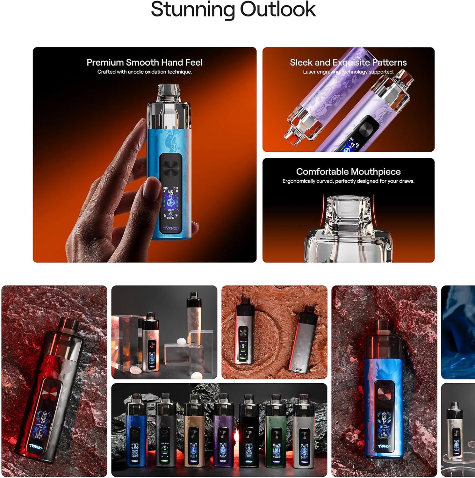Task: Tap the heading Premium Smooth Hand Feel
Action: point(144,62)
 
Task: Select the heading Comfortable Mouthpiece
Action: point(348,172)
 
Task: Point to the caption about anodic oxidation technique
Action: point(144,72)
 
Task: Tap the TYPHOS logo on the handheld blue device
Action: point(171,228)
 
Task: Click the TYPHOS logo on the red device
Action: point(36,447)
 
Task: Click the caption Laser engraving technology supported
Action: point(348,72)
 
